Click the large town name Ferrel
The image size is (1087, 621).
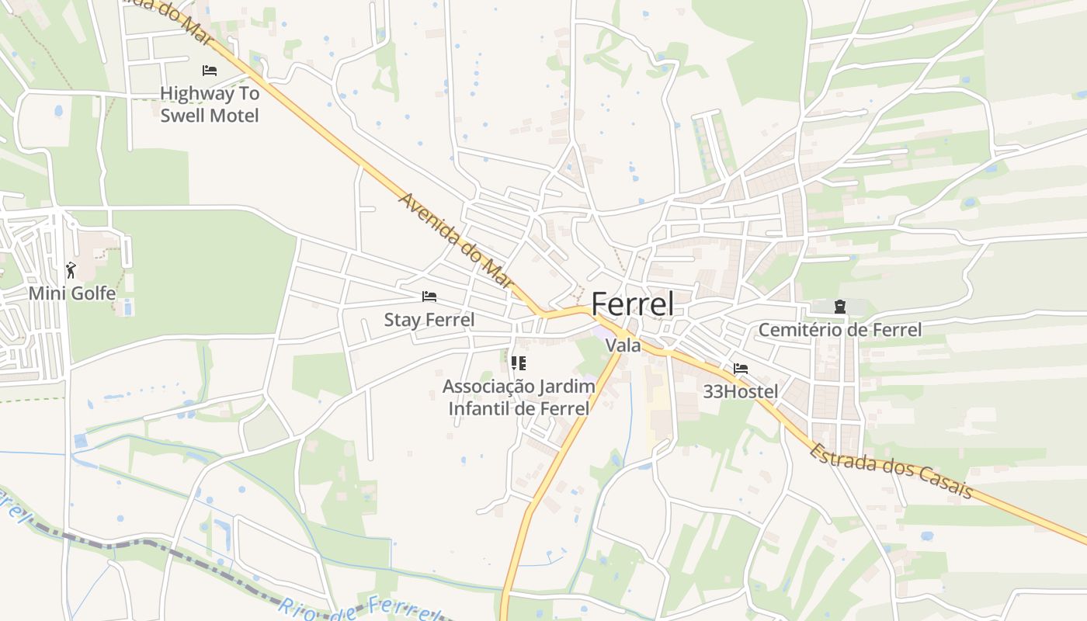coord(633,304)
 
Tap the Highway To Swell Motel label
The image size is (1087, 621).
coord(209,104)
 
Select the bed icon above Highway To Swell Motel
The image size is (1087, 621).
coord(209,71)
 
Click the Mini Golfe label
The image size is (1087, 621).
coord(72,293)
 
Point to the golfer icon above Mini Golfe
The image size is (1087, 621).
coord(71,270)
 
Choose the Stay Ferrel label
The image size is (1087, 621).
coord(429,319)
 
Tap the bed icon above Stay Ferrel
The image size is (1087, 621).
coord(429,297)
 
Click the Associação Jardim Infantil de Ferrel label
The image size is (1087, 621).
coord(519,397)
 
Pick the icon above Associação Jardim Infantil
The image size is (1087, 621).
coord(519,363)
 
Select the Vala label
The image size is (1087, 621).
coord(623,345)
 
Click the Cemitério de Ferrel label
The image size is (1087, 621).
coord(840,330)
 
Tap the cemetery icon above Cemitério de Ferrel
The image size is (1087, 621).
coord(839,307)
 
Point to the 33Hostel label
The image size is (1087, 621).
coord(740,391)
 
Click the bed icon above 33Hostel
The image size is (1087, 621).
coord(741,369)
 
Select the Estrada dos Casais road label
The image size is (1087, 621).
coord(891,470)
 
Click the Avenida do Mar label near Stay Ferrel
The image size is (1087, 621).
coord(457,240)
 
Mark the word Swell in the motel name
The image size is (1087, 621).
coord(186,116)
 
